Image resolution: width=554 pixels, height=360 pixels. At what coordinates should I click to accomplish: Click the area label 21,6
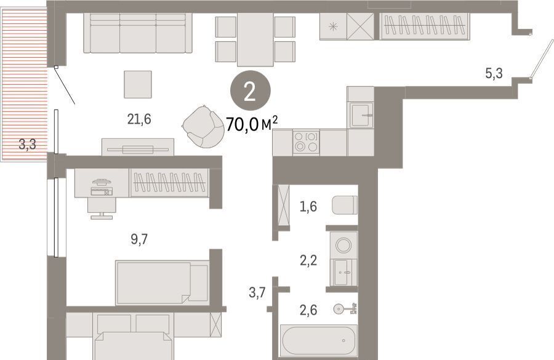tap(139, 119)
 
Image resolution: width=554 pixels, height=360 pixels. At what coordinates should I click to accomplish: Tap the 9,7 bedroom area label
tap(139, 239)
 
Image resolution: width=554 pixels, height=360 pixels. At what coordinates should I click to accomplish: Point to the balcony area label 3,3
tap(27, 144)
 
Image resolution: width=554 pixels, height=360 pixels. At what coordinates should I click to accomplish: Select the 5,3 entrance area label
tap(494, 73)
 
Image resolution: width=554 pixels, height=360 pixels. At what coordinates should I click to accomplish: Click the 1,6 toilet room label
tap(308, 206)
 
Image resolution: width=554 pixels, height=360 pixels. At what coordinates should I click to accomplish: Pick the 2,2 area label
tap(308, 261)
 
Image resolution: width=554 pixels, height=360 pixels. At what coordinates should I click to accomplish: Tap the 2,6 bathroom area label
tap(308, 310)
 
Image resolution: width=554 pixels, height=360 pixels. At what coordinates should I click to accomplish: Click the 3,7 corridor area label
tap(257, 292)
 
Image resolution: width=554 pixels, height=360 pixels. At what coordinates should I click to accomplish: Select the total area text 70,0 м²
tap(252, 124)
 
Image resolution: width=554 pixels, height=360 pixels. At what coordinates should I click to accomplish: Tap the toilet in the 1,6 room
tap(345, 206)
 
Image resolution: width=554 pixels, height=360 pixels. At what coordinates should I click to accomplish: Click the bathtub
tap(318, 340)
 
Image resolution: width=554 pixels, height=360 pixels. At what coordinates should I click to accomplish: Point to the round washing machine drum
tap(343, 245)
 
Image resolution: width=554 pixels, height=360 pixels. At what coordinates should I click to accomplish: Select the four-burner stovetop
tap(306, 142)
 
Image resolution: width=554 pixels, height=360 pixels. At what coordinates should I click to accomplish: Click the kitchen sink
tap(360, 115)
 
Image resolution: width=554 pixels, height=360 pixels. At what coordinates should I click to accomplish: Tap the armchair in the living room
tap(203, 127)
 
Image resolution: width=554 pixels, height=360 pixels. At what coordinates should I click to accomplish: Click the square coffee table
tap(138, 84)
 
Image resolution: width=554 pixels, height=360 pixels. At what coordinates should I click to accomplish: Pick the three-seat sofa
tap(138, 33)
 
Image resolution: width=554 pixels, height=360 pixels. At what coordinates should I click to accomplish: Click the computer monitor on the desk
tap(102, 182)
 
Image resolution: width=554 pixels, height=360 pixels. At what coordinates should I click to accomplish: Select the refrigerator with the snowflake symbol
tap(333, 26)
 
